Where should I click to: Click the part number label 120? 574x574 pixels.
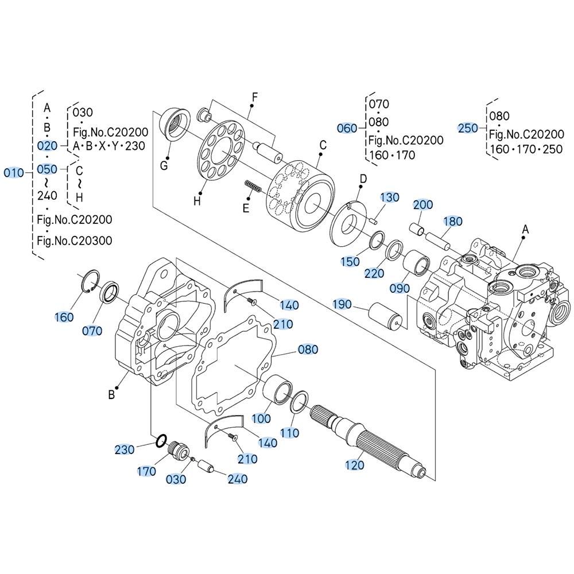[x=355, y=466]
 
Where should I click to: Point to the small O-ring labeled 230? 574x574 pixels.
[x=162, y=440]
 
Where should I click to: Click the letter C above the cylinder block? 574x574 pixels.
[x=323, y=145]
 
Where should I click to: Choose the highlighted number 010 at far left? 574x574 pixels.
[x=14, y=173]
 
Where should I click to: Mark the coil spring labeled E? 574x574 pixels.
[x=253, y=186]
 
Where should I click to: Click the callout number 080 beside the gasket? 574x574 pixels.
[x=307, y=350]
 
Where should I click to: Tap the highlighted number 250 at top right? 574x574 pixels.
[x=468, y=128]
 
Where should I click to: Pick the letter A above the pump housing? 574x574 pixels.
[x=525, y=230]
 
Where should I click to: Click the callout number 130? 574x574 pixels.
[x=390, y=197]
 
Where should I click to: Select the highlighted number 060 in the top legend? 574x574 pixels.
[x=347, y=128]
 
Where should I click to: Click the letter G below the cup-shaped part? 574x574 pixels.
[x=164, y=166]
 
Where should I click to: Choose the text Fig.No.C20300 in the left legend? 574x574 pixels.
[x=75, y=241]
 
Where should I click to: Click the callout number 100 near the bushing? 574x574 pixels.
[x=262, y=418]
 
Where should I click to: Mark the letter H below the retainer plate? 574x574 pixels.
[x=197, y=201]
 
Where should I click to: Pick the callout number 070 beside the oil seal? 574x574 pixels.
[x=92, y=331]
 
